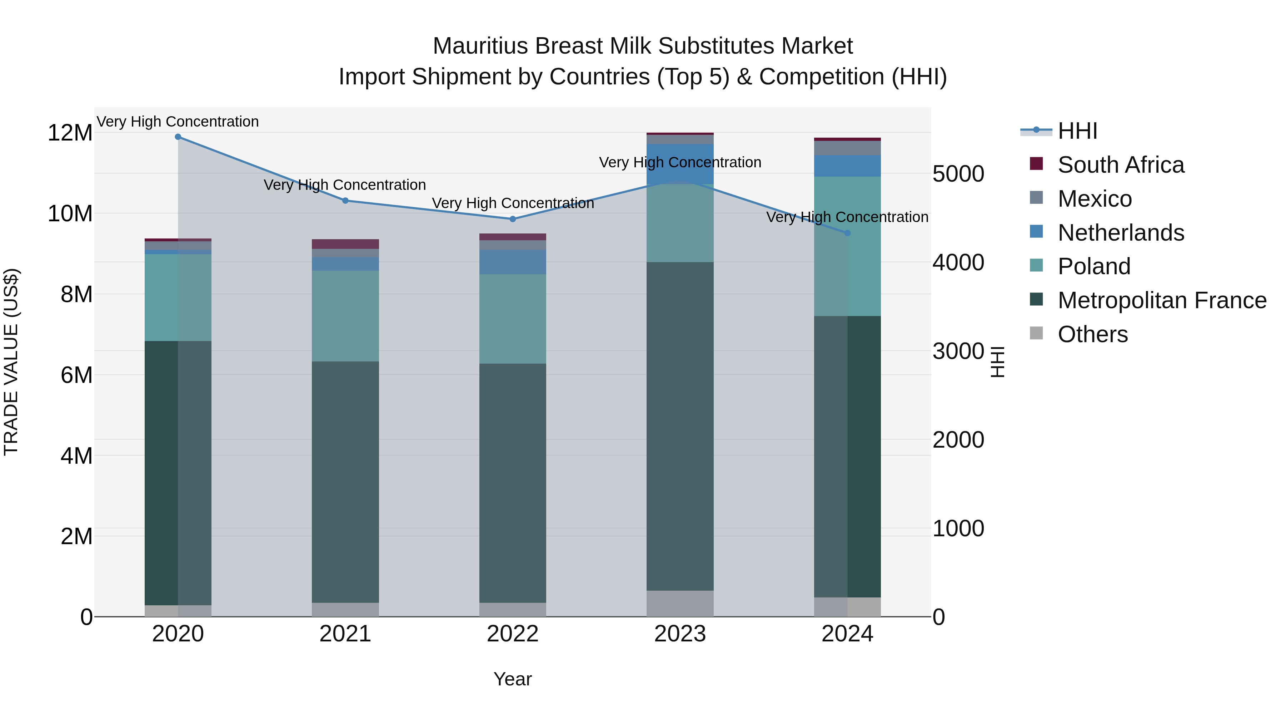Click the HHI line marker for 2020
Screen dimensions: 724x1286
tap(178, 137)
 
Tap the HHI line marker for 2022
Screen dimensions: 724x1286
tap(512, 219)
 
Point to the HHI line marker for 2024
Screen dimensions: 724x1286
tap(847, 233)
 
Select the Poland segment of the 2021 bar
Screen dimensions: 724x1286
tap(345, 316)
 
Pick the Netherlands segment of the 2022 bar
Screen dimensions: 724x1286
tap(512, 262)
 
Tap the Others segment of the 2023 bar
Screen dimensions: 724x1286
tap(679, 603)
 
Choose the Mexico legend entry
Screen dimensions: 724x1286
tap(1094, 199)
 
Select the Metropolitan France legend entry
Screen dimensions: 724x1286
tap(1161, 300)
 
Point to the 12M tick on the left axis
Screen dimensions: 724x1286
tap(70, 133)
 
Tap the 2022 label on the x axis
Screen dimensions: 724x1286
tap(512, 634)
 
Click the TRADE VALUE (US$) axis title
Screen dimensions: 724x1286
tap(11, 362)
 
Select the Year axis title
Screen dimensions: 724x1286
tap(512, 679)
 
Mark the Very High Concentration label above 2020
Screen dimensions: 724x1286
tap(178, 122)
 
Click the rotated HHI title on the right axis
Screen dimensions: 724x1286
tap(997, 362)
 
